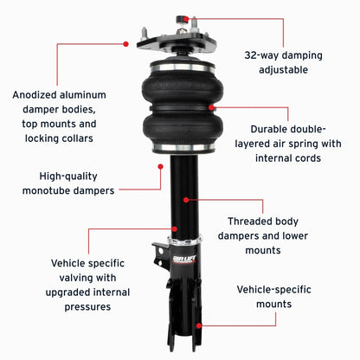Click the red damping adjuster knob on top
[183, 18]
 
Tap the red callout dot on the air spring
[211, 107]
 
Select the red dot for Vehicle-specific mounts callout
[201, 325]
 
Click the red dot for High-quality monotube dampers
[161, 170]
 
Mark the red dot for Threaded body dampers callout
[185, 199]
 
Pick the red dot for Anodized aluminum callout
[126, 42]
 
